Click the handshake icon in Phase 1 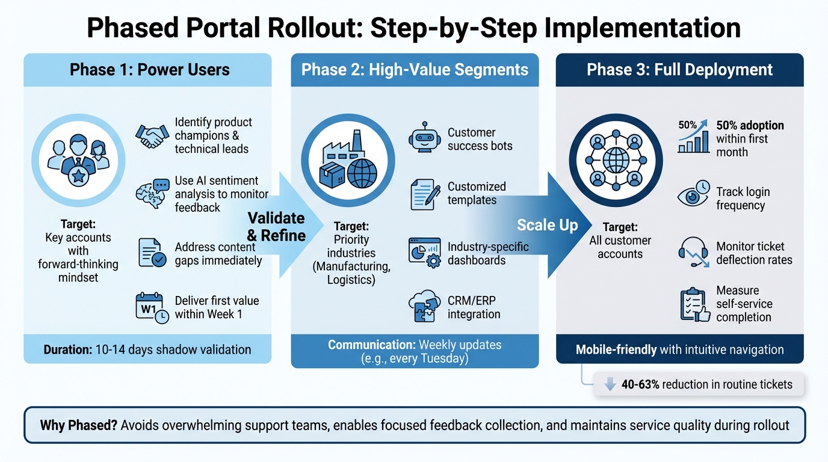[150, 136]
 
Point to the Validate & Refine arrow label [276, 226]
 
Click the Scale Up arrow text [547, 226]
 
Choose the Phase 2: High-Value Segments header [415, 70]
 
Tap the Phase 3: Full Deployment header [679, 70]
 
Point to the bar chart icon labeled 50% [693, 137]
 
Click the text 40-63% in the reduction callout [640, 384]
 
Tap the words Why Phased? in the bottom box [78, 425]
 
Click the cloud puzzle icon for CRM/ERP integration [425, 306]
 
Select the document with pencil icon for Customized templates [425, 194]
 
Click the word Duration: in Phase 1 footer [68, 350]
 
